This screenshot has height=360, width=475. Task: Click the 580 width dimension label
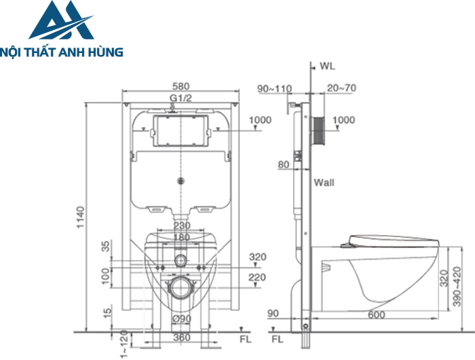pos(181,86)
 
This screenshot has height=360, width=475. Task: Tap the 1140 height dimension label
pos(81,217)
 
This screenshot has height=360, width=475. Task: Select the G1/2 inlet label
pos(181,98)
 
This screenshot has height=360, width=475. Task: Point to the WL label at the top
pos(328,66)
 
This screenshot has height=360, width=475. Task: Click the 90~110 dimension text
pos(274,88)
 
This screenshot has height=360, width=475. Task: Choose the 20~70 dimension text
pos(341,88)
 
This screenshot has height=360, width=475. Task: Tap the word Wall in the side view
pos(324,183)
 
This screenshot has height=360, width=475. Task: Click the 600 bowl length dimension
pos(376,314)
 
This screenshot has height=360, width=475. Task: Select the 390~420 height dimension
pos(457,286)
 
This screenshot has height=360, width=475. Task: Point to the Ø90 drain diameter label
pos(182,319)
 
